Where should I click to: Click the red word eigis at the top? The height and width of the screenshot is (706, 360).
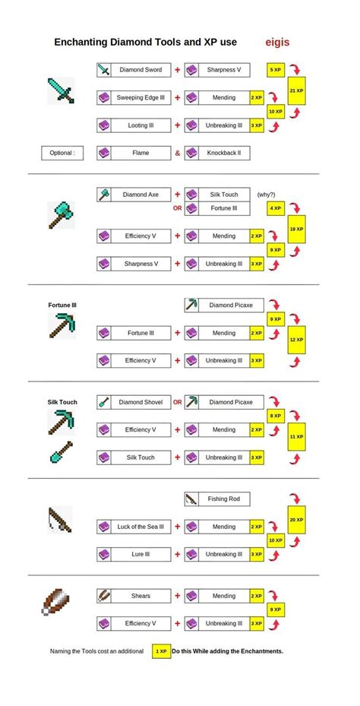[279, 43]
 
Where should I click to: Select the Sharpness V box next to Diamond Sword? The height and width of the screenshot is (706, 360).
[224, 70]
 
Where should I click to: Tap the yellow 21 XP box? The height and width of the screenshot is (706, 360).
[296, 90]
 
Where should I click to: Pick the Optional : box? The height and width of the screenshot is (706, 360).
[62, 153]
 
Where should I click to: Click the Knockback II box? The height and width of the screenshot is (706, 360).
[224, 153]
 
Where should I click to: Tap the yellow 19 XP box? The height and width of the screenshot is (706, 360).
[296, 229]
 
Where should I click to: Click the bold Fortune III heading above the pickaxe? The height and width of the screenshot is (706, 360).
[62, 306]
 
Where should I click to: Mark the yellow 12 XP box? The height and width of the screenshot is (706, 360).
[296, 340]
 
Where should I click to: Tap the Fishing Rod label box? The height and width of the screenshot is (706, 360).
[224, 499]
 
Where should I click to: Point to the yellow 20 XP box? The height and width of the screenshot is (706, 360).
[296, 520]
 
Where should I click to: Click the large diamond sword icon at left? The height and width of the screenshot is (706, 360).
[62, 90]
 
